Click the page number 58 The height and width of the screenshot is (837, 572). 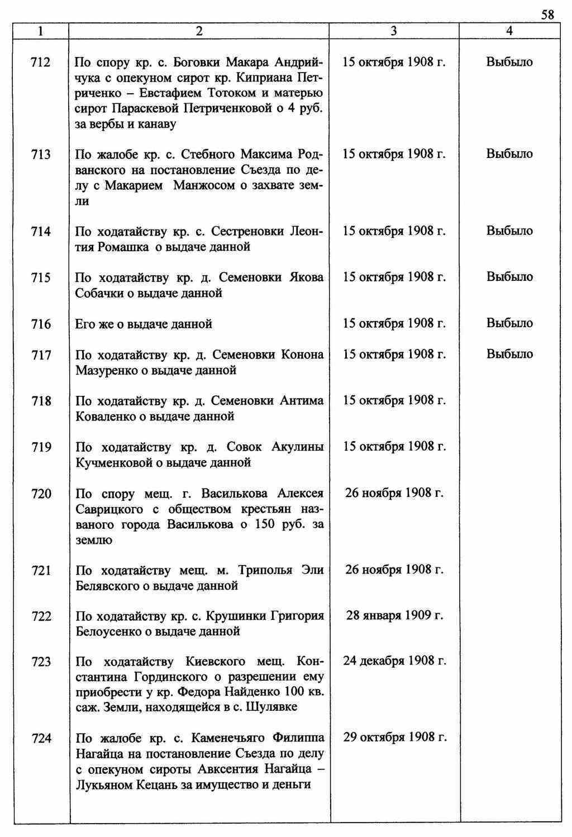547,15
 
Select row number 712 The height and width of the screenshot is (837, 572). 41,62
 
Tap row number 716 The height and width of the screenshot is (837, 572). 41,324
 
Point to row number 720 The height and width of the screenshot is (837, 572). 41,494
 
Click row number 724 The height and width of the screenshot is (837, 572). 41,738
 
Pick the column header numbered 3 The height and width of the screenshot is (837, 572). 394,31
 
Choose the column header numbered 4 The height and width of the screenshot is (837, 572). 509,31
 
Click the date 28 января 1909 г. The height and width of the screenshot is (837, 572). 394,615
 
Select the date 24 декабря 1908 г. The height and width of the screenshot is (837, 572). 394,661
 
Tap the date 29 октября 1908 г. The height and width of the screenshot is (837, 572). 394,737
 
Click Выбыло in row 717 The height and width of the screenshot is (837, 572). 509,354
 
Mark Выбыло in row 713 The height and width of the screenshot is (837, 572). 509,154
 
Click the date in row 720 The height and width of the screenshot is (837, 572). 394,493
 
